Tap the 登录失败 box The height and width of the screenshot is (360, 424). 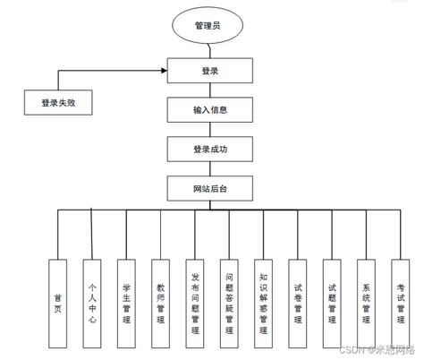(x=59, y=103)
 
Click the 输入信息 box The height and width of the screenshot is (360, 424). (x=210, y=110)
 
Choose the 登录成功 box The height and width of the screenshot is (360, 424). (x=210, y=150)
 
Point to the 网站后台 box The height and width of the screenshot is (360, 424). (x=210, y=189)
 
